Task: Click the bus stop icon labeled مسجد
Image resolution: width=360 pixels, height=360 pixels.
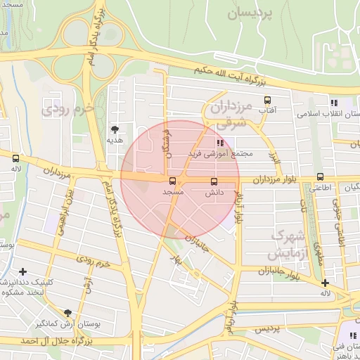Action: click(x=173, y=181)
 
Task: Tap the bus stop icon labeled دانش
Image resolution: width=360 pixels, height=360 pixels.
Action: click(x=214, y=181)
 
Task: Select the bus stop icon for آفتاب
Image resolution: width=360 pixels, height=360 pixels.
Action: click(x=266, y=101)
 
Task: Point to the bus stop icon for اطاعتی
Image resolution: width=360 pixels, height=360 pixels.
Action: click(x=321, y=177)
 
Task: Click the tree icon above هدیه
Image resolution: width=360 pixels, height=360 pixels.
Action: click(x=115, y=129)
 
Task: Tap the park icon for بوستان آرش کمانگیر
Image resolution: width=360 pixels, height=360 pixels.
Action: click(x=67, y=313)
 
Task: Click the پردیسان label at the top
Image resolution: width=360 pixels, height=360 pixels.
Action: click(x=259, y=12)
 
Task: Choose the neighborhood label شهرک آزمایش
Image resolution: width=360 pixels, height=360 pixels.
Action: click(x=288, y=243)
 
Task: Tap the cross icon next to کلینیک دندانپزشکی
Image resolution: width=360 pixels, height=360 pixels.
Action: click(x=23, y=271)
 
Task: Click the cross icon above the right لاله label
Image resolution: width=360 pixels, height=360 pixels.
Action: click(x=324, y=283)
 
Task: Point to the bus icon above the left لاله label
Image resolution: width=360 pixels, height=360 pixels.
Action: click(x=15, y=160)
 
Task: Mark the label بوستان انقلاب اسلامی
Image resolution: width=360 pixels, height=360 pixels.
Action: click(x=329, y=113)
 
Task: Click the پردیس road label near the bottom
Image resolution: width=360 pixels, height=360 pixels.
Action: click(x=266, y=328)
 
